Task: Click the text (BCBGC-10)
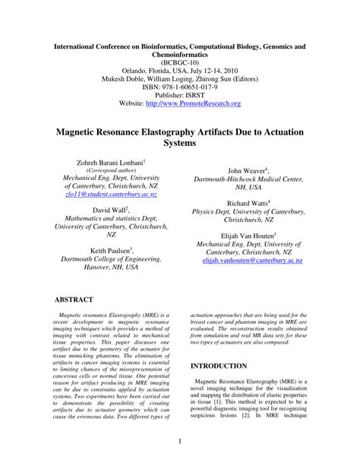tap(179, 55)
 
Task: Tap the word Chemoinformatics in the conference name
tap(179, 46)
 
